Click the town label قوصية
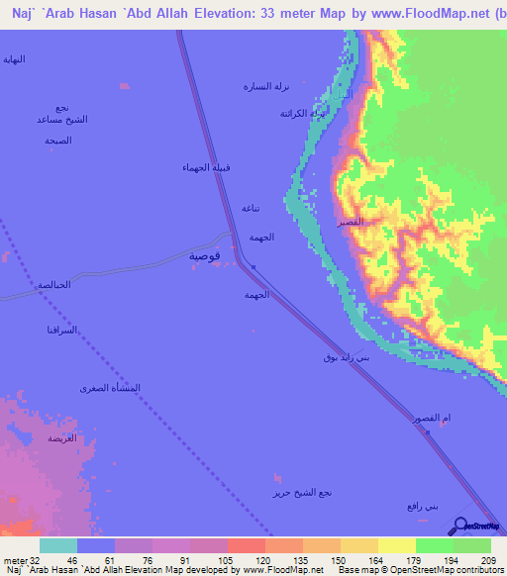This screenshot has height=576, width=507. [206, 255]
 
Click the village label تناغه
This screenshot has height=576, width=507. [252, 208]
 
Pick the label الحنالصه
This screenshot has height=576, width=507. [53, 285]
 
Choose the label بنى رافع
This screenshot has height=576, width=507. [421, 506]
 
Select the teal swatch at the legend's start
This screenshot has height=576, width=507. [57, 545]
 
